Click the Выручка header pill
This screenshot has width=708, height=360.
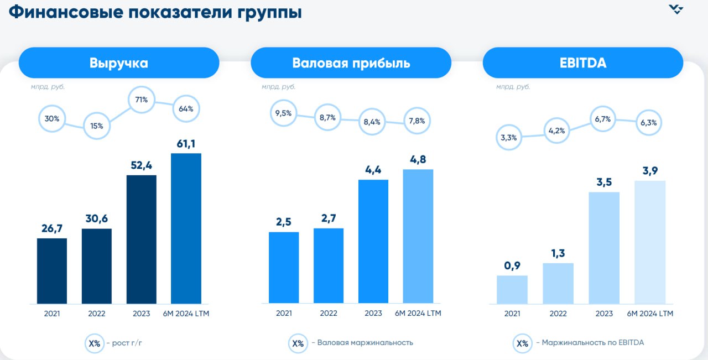119,62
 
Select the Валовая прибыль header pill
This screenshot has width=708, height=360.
351,62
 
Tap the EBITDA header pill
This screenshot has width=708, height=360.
583,62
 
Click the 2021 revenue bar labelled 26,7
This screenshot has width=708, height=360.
52,271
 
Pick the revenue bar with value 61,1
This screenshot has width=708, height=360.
186,228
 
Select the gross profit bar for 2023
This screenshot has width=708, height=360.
373,242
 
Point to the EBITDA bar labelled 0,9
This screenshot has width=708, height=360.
512,290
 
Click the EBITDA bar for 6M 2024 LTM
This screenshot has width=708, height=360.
650,242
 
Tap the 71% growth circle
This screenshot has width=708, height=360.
141,100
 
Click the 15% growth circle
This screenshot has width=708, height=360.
97,126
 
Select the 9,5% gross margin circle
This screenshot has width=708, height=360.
284,113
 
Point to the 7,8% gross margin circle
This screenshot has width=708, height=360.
417,121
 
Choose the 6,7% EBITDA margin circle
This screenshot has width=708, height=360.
602,119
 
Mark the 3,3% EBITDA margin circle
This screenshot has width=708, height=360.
508,138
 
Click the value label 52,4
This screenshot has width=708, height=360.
141,166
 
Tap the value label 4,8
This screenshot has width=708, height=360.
418,159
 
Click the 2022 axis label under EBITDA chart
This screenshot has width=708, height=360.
558,314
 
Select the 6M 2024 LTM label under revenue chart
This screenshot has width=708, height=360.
186,314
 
